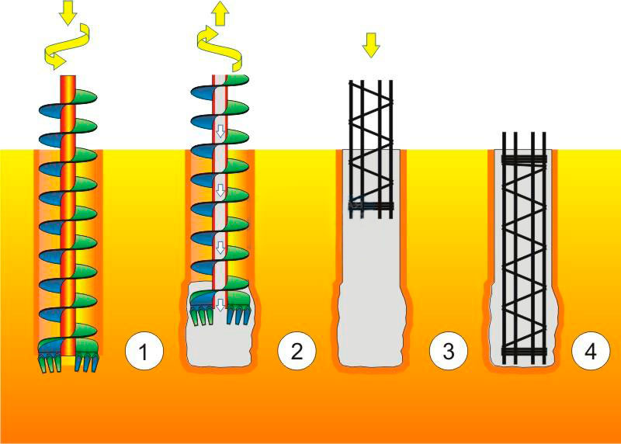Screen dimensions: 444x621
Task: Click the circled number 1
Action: pos(144,353)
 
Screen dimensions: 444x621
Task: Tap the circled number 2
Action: pos(296,353)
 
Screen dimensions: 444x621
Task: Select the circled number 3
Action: pos(448,353)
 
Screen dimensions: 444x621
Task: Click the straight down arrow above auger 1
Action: pos(68,11)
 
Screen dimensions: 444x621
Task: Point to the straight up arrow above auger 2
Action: pos(220,12)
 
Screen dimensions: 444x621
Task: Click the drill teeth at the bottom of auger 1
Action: pos(68,360)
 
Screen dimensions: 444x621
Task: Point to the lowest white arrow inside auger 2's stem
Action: pos(220,304)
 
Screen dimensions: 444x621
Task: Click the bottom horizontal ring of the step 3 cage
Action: pos(371,206)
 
